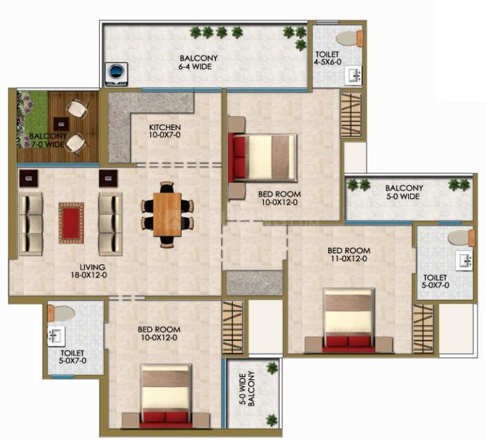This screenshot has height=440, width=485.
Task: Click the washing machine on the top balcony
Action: coord(116,74)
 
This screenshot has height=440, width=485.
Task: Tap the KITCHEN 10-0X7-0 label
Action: coord(165,131)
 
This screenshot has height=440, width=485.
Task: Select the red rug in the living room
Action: coord(71,223)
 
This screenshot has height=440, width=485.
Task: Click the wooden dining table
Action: coord(167,215)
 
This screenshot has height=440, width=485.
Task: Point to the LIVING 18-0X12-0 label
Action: coord(89,270)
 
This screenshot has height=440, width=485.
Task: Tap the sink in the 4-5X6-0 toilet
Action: coord(353,75)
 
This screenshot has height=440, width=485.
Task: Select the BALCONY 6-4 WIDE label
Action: coord(195,62)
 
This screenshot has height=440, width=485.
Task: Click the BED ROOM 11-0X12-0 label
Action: coord(349,254)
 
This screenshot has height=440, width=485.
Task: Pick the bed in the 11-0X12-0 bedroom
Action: coord(349,321)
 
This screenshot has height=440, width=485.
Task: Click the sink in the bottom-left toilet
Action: coord(56,336)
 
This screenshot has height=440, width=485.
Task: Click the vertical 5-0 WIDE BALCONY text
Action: coord(247,389)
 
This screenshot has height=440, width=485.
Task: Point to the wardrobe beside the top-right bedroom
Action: coord(351,115)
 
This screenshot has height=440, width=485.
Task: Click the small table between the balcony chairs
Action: coord(61,124)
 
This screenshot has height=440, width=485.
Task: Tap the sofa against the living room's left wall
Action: coord(30,224)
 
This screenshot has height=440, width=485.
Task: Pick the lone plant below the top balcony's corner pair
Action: coord(301,45)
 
